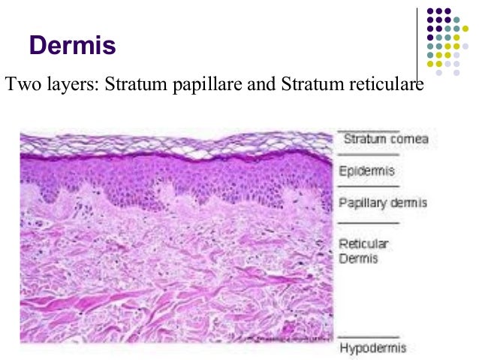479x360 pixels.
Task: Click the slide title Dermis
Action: (x=72, y=46)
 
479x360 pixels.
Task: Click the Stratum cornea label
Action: (x=385, y=139)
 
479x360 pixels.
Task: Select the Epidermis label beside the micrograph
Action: (x=366, y=171)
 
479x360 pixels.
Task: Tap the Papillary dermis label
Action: (x=383, y=203)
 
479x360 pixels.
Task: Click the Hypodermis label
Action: (x=373, y=348)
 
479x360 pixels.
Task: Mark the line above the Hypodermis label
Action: (x=368, y=336)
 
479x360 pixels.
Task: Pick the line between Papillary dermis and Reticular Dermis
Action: (x=368, y=223)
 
